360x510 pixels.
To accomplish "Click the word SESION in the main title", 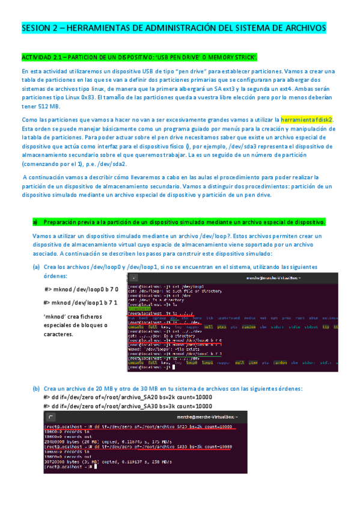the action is click(x=36, y=28).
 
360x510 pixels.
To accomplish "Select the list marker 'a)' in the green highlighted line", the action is click(x=35, y=222).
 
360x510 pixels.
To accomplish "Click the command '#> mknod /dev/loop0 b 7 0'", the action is click(x=82, y=289).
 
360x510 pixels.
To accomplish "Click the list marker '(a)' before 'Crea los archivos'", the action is click(x=36, y=267).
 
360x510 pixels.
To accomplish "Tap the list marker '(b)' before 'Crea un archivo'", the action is click(x=36, y=388).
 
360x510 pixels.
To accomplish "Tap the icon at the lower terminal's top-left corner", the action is click(x=52, y=416).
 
